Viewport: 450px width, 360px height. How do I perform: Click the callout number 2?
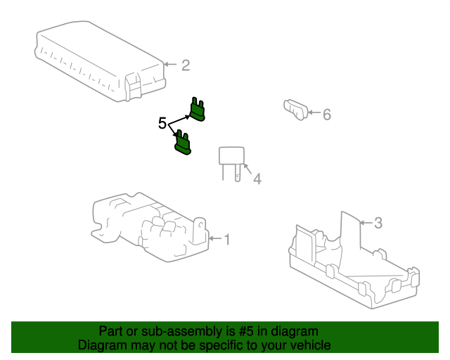pos(186,65)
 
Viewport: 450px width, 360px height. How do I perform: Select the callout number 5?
pos(162,124)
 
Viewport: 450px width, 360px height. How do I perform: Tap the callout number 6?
pos(327,115)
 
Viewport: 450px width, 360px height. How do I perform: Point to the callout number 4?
pos(257,179)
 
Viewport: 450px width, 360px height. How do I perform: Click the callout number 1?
pos(227,240)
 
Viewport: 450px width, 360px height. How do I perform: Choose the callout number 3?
pos(378,223)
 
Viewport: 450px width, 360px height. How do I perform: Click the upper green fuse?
pos(198,110)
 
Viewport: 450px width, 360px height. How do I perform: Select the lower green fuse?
pos(183,143)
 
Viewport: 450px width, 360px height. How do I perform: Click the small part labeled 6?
pos(295,110)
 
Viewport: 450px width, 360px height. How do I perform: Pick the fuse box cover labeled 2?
pos(100,61)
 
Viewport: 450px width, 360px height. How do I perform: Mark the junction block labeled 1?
pos(150,227)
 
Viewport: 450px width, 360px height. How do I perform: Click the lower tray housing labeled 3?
pos(354,263)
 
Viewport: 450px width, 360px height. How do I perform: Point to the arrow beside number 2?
pos(170,64)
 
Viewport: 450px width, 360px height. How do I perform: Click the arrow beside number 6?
pos(314,112)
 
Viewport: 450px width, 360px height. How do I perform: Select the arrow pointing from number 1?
pos(216,238)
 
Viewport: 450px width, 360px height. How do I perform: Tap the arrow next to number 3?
pos(366,222)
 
